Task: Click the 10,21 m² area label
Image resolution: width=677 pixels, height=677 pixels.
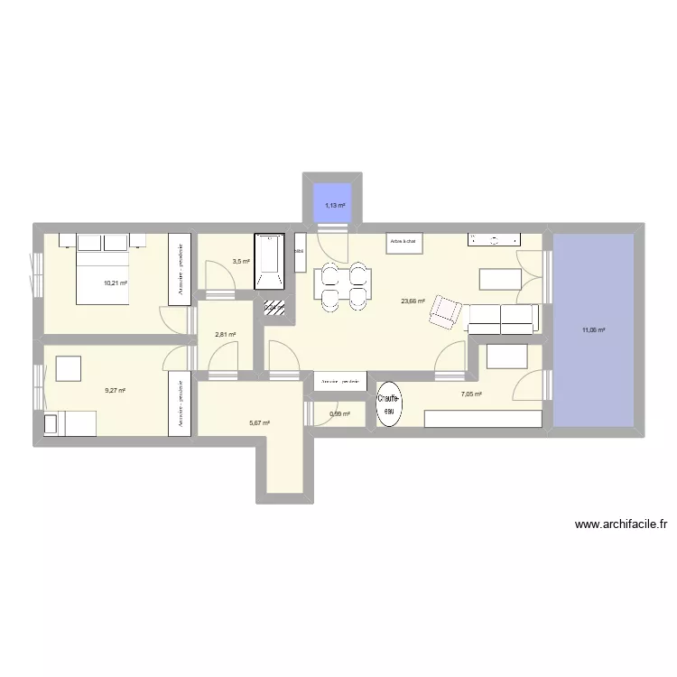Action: [x=115, y=283]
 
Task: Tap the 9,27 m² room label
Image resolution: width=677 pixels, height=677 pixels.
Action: [x=115, y=391]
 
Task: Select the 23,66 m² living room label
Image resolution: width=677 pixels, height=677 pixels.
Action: [x=413, y=301]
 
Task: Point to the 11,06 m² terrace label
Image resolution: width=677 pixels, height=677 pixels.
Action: [x=593, y=330]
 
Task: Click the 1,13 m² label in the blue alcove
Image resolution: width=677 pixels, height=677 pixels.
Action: [x=335, y=206]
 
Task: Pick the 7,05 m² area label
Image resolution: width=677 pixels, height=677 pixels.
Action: [x=471, y=394]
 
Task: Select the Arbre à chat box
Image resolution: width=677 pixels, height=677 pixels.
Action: [x=403, y=242]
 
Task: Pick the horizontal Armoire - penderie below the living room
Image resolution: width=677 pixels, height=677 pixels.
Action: [x=340, y=383]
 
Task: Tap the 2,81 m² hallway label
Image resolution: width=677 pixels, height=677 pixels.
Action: [x=225, y=335]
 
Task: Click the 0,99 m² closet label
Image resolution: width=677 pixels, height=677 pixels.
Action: [x=340, y=414]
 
